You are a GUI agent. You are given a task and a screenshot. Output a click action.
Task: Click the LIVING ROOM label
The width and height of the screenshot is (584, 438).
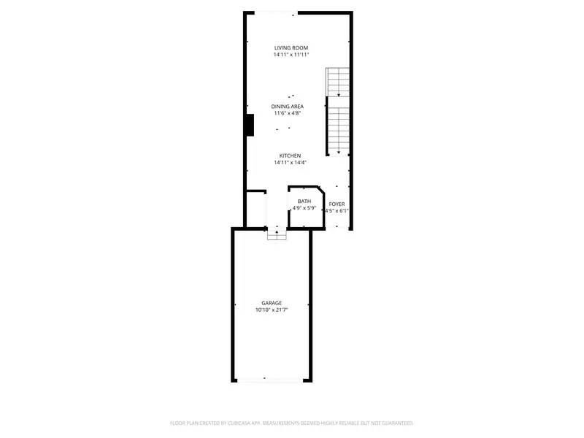pyautogui.click(x=291, y=48)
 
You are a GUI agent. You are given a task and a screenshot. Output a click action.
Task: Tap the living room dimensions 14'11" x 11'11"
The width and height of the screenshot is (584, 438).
pyautogui.click(x=291, y=55)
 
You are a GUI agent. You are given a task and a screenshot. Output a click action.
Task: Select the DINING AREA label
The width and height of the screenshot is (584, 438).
pyautogui.click(x=288, y=107)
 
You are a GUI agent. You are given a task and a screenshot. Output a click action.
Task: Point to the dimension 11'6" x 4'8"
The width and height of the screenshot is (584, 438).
pyautogui.click(x=288, y=113)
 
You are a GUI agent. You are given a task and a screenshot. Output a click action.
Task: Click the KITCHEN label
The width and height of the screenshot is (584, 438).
pyautogui.click(x=290, y=155)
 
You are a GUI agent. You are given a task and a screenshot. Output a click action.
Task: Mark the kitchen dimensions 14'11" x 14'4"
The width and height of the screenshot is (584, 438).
pyautogui.click(x=290, y=162)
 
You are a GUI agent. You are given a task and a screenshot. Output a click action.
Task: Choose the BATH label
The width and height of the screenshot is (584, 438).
pyautogui.click(x=304, y=201)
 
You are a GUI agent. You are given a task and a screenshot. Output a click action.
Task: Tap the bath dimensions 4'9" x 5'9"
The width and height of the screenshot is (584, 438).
pyautogui.click(x=304, y=209)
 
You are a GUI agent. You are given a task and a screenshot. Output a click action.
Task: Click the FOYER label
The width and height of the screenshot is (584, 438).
pyautogui.click(x=337, y=204)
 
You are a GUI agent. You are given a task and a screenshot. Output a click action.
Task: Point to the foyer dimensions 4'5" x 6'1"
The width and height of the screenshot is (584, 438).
pyautogui.click(x=337, y=211)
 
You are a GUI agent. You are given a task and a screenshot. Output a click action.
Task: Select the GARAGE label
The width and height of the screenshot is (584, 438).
pyautogui.click(x=272, y=303)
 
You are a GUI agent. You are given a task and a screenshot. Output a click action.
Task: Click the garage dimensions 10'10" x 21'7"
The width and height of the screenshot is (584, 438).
pyautogui.click(x=272, y=310)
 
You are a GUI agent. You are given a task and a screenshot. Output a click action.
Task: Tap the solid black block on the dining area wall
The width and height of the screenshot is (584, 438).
pyautogui.click(x=249, y=126)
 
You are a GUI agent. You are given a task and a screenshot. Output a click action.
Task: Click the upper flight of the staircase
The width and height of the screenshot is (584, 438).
pyautogui.click(x=338, y=82)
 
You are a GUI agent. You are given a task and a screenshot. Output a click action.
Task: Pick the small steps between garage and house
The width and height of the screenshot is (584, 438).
pyautogui.click(x=277, y=234)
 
